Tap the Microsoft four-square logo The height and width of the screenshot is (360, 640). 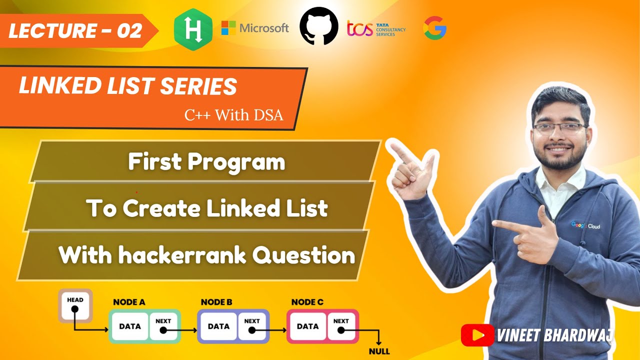(228, 28)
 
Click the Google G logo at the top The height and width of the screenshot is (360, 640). (435, 28)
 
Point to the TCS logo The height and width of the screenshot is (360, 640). (376, 28)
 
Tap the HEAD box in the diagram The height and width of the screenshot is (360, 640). (75, 305)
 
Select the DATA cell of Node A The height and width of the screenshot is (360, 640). (129, 326)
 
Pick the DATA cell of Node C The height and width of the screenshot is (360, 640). (307, 326)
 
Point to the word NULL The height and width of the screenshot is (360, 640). (379, 351)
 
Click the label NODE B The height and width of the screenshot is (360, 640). (216, 302)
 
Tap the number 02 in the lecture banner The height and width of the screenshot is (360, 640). (129, 31)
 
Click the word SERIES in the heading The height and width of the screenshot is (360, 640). (198, 86)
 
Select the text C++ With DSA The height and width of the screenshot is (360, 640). (233, 115)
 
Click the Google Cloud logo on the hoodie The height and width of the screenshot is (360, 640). (585, 225)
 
